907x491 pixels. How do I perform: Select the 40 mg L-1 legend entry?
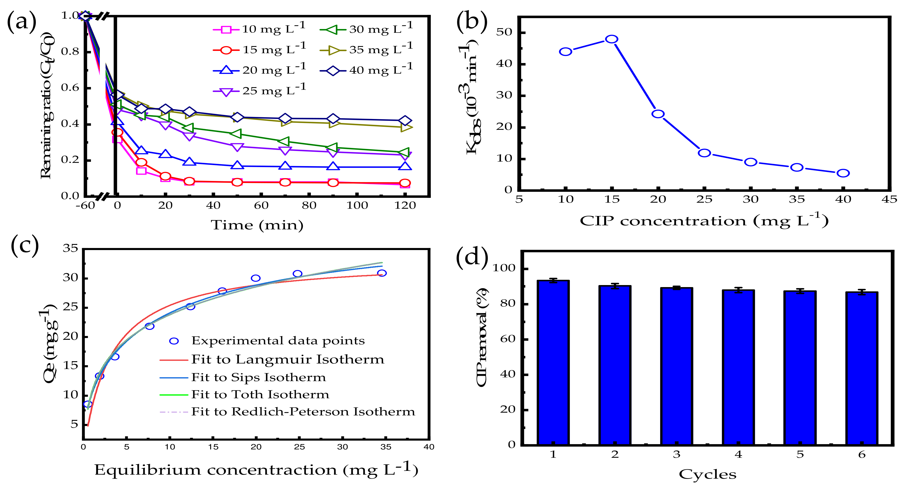point(366,70)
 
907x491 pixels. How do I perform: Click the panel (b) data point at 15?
point(611,39)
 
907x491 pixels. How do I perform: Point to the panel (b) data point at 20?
point(658,114)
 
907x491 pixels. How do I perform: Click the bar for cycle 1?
point(553,363)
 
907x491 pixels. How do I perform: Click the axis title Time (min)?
point(257,225)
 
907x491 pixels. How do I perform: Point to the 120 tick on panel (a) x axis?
point(405,206)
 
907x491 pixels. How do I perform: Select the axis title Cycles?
point(707,474)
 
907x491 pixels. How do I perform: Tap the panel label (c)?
point(25,245)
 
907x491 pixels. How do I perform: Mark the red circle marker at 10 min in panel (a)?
point(141,162)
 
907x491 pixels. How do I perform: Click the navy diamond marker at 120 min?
point(405,120)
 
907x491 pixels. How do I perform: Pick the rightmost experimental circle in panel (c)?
point(382,273)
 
